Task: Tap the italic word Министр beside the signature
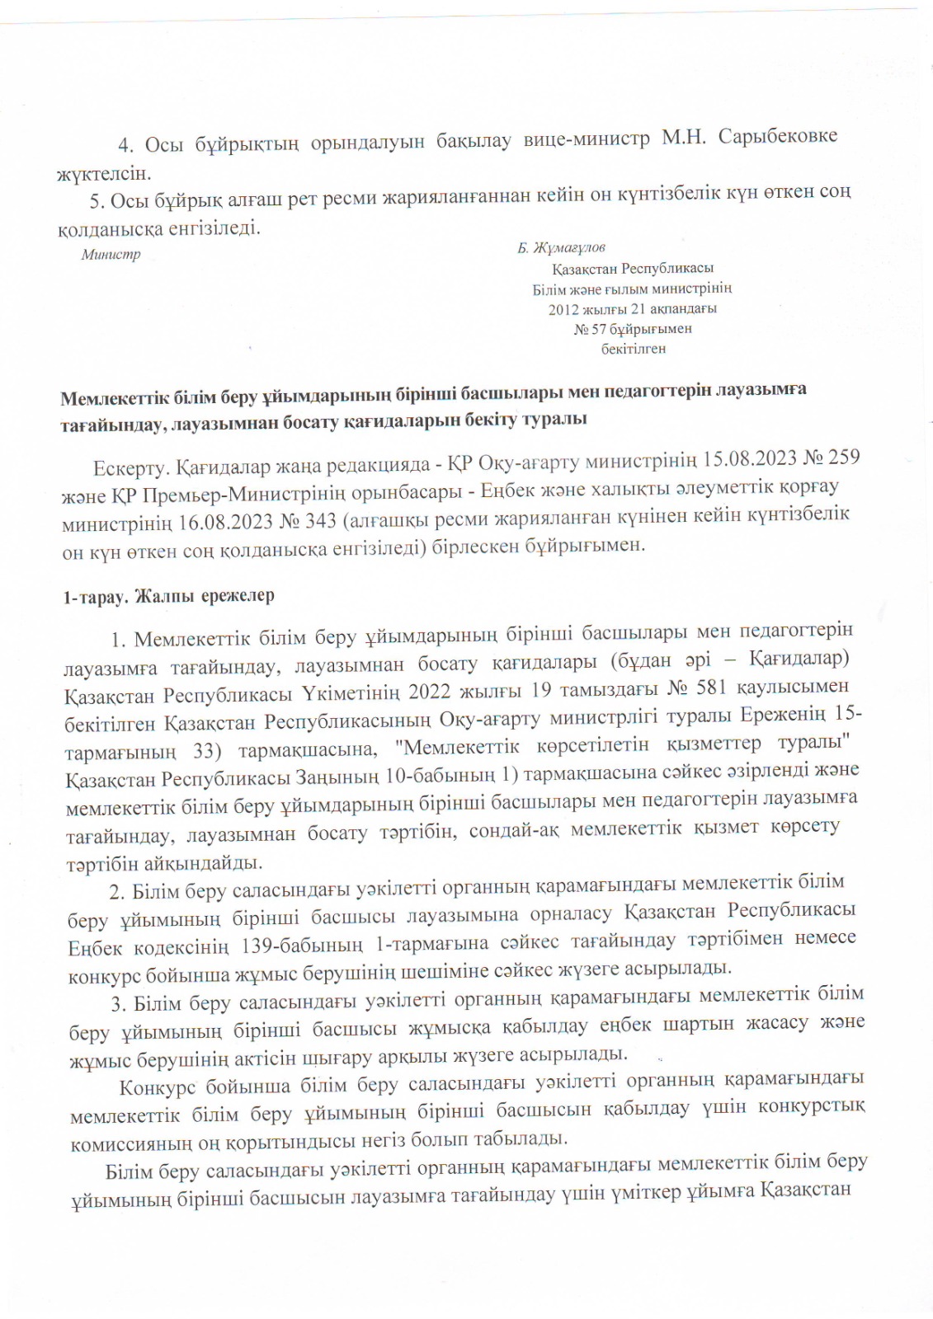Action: [x=111, y=255]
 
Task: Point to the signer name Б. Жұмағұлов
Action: [x=561, y=247]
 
